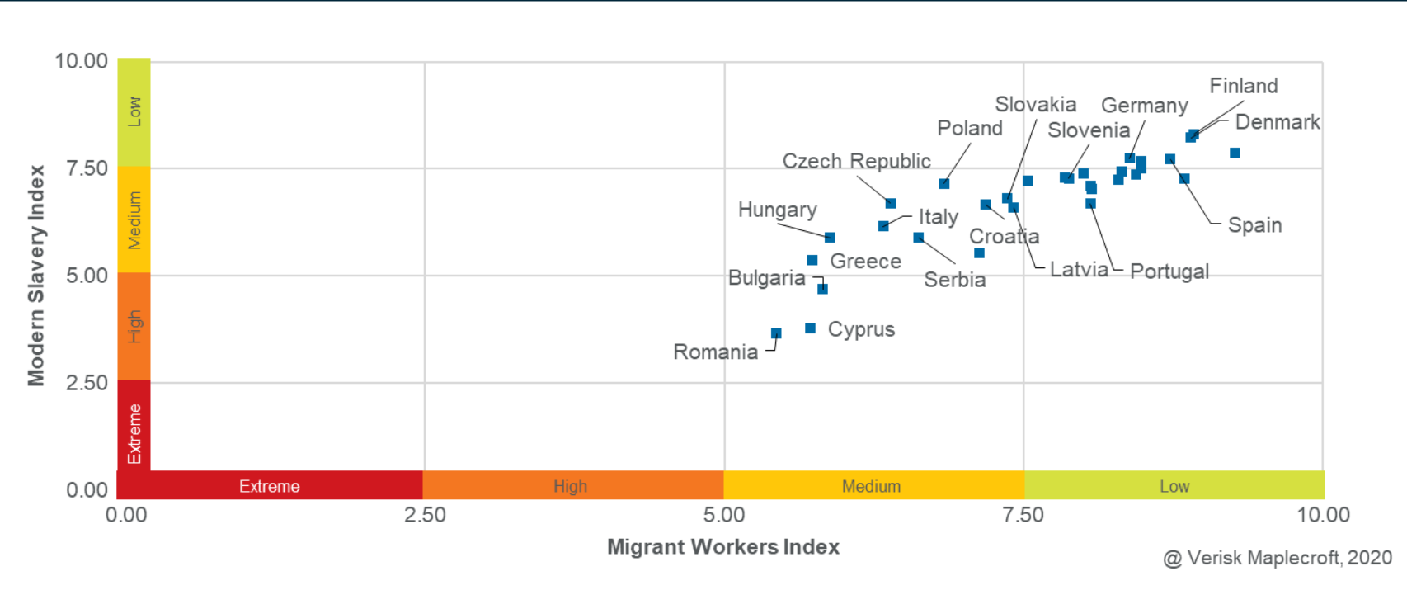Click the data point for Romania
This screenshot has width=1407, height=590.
point(776,333)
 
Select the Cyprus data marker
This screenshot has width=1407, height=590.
point(811,328)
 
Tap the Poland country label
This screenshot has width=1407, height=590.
point(970,129)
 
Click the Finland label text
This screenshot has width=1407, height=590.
point(1243,86)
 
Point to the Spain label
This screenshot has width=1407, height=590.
point(1254,225)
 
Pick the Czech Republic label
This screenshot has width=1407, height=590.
point(856,161)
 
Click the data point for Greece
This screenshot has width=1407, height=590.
point(812,261)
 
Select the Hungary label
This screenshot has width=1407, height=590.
point(777,210)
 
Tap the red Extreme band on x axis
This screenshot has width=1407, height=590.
point(270,486)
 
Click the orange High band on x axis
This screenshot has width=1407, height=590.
point(571,486)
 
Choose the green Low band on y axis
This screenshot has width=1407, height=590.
point(134,111)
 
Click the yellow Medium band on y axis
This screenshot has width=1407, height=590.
point(134,219)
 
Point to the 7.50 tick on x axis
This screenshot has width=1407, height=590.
point(1023,515)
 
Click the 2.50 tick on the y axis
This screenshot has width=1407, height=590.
point(87,383)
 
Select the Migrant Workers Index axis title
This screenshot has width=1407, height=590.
point(722,547)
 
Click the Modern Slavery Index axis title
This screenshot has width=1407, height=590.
point(35,276)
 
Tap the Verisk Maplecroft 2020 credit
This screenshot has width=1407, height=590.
point(1277,558)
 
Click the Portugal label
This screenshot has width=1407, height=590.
point(1169,271)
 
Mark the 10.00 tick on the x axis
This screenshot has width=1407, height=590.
point(1323,515)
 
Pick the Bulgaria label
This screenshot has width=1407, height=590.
point(766,278)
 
